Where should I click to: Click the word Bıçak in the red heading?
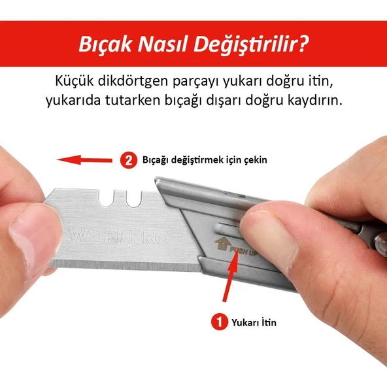point(101,45)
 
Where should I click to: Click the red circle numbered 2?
point(129,160)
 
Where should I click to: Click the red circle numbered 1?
point(218,322)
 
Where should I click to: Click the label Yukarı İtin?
point(255,322)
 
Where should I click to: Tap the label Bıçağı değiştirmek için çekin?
point(205,160)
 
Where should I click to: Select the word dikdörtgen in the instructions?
point(133,82)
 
